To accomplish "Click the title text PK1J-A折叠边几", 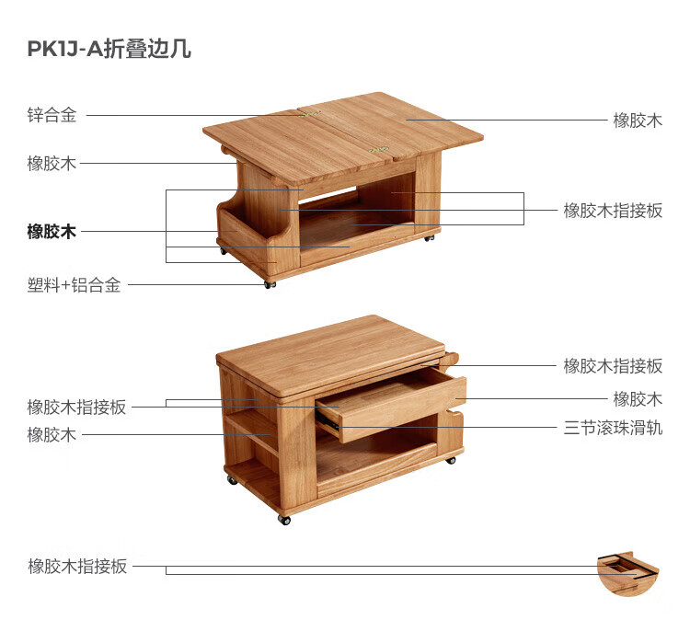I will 109,49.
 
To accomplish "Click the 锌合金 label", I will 52,116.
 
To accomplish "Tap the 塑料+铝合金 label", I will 74,285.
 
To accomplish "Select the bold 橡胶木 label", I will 52,232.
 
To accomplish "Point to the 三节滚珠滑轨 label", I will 613,428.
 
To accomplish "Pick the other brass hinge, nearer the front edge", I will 378,149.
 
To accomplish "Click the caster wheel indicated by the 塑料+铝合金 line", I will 270,284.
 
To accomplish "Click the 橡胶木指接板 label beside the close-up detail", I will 77,567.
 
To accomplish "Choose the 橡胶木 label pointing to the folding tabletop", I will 638,121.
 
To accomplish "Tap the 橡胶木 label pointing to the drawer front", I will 638,399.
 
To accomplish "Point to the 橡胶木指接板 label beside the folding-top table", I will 613,211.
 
